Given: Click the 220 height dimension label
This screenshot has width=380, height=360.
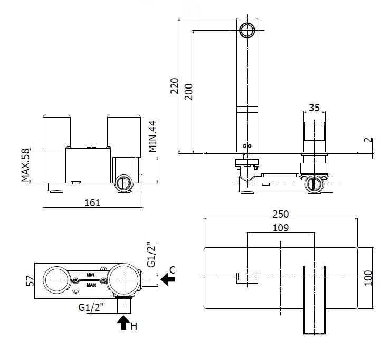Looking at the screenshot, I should coord(175,85).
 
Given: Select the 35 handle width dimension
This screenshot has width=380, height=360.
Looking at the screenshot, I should coord(314,108).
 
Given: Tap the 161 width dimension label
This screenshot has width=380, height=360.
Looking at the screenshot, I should coord(92,202).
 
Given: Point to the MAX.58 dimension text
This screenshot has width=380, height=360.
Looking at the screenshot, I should coord(25,164).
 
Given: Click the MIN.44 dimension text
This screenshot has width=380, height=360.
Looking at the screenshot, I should coord(152,135).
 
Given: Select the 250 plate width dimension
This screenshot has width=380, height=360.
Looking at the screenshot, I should coord(281,213).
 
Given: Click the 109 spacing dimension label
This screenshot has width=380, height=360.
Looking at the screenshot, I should coord(281,228).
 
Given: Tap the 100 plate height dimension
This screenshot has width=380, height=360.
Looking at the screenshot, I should coord(368,278).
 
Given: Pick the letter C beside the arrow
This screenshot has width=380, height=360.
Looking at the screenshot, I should coord(173,269).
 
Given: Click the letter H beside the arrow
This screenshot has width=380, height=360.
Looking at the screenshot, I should coord(134,326).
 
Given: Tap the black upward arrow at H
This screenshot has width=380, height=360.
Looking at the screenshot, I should coord(124,322).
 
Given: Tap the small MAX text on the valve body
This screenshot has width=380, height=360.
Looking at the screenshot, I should coord(91,285).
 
